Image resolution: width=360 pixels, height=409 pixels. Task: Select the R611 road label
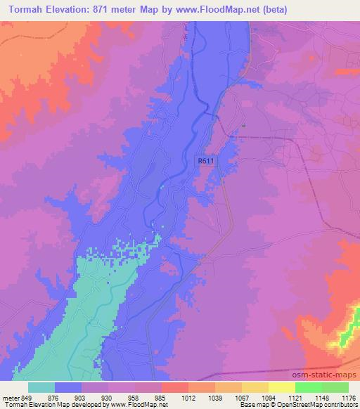[x=205, y=161]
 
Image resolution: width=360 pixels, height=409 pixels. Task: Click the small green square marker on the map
[x=243, y=126]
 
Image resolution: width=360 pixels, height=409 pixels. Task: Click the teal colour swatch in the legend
[x=41, y=387]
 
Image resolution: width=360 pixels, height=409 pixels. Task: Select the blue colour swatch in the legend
[x=68, y=387]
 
